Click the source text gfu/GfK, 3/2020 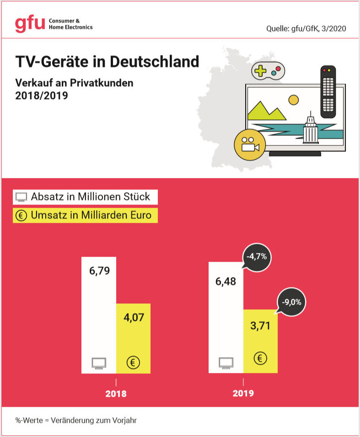click(306, 28)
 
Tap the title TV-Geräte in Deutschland click(107, 61)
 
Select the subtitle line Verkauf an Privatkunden click(74, 83)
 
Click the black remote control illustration click(328, 92)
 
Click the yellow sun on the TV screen click(293, 99)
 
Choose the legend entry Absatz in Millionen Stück click(85, 197)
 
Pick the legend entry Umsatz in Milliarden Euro click(85, 215)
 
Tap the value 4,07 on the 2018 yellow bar click(133, 317)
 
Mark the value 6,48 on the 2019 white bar click(226, 281)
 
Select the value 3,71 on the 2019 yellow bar click(260, 326)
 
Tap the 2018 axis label click(116, 394)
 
